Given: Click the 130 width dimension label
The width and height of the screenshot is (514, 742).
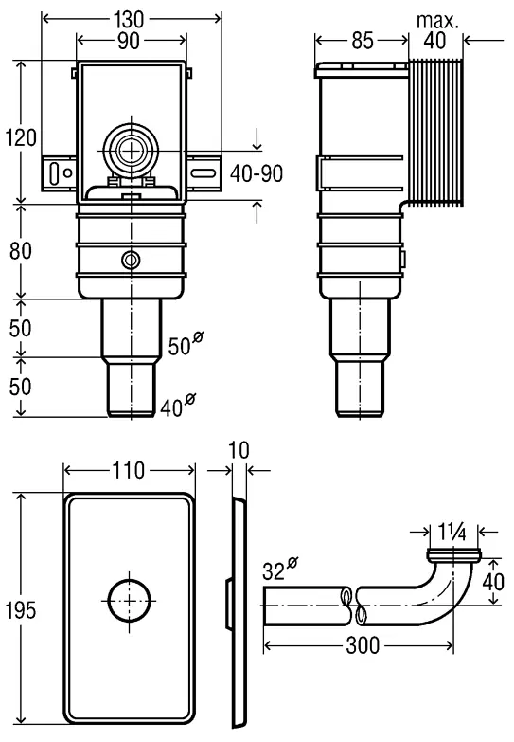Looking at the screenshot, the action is click(x=128, y=19).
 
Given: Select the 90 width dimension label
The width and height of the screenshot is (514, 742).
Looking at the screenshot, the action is click(x=129, y=41).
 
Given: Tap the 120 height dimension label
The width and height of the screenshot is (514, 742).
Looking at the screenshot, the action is click(x=21, y=138).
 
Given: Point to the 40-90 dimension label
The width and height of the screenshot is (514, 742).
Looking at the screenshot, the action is click(x=257, y=173).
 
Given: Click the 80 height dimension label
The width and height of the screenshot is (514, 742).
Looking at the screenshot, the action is click(x=20, y=250).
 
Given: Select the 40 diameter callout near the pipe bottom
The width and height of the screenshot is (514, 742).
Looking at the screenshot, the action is click(x=177, y=406).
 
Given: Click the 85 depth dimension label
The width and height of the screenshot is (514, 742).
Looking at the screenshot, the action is click(x=363, y=41).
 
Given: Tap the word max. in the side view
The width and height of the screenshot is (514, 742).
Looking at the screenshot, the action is click(x=437, y=21).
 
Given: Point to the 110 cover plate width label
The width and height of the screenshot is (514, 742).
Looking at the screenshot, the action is click(x=128, y=470).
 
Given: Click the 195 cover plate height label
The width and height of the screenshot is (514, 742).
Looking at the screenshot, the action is click(x=21, y=610).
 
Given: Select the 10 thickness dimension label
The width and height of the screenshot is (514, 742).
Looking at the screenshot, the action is click(x=239, y=450).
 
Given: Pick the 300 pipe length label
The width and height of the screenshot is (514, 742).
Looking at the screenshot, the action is click(x=363, y=645).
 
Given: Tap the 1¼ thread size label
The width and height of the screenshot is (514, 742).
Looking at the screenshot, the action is click(x=452, y=533).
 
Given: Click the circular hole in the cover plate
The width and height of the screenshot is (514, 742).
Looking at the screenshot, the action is click(x=129, y=600).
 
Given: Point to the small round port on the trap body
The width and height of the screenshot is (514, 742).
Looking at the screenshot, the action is click(x=130, y=260).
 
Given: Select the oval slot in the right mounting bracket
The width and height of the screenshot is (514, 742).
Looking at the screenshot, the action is click(x=204, y=173).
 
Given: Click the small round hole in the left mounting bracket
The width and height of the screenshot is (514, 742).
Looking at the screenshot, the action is click(x=67, y=173).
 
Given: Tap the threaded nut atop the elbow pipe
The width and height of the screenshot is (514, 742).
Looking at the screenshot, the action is click(x=453, y=554).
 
